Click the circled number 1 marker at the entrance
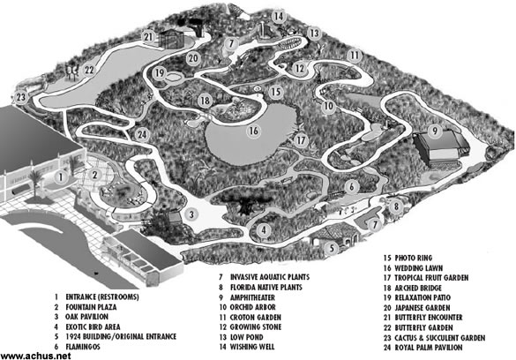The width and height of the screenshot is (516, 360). (61, 177)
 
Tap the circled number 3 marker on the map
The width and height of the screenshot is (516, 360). (191, 214)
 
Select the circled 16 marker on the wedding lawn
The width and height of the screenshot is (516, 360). (253, 131)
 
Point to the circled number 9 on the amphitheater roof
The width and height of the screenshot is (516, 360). (435, 131)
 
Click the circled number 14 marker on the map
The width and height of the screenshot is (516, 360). (279, 16)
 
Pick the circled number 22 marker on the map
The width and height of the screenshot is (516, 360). (89, 70)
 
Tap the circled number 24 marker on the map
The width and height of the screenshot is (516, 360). (142, 134)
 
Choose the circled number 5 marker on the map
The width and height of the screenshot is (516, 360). (332, 247)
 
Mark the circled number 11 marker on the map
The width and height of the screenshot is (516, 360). (355, 55)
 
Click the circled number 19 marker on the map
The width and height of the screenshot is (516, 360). (160, 72)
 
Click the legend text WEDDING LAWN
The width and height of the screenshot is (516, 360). (419, 268)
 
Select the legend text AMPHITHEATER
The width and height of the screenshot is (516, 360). (252, 297)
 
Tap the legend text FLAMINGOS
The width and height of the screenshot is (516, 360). (83, 347)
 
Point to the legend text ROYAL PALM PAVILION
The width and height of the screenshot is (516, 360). (429, 348)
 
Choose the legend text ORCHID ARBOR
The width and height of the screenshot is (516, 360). (253, 307)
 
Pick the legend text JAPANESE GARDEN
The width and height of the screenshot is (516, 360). (423, 308)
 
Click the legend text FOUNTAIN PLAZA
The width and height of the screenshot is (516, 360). (91, 307)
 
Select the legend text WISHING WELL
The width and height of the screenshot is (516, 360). (252, 347)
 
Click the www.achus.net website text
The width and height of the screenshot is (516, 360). (35, 356)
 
